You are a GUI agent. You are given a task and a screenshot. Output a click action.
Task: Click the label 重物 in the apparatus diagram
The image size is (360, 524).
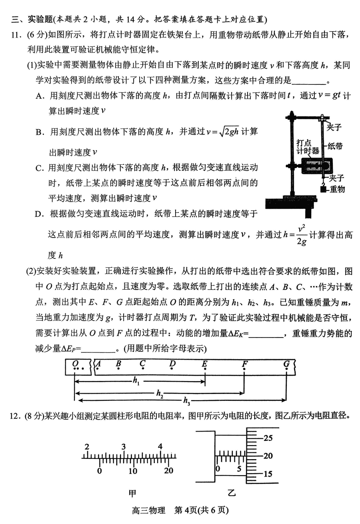tap(337, 189)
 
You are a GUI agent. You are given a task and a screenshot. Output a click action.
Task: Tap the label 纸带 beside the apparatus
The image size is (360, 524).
tap(335, 146)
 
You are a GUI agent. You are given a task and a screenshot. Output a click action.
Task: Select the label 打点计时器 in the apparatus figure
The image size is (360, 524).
tap(308, 147)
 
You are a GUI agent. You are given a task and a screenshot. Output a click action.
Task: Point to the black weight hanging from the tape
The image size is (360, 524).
tap(323, 190)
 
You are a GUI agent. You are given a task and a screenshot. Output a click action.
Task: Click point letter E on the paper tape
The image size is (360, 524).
tap(204, 363)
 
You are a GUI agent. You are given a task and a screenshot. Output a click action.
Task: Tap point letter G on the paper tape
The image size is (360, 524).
tap(286, 363)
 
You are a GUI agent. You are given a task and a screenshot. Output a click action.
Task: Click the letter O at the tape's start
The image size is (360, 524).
tap(75, 363)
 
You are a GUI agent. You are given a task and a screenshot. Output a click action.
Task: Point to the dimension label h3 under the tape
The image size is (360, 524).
tap(186, 400)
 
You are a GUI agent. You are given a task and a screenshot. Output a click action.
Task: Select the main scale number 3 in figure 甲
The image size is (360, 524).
tap(124, 447)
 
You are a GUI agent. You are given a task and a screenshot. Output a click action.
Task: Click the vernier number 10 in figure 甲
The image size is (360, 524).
tap(133, 471)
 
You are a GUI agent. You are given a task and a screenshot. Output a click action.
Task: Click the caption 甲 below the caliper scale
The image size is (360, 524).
tap(132, 493)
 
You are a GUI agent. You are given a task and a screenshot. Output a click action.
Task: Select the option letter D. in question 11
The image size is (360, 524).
tap(39, 214)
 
